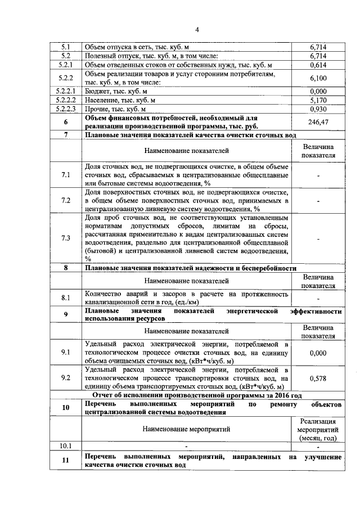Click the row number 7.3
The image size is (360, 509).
point(66,238)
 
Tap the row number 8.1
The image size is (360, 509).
point(66,297)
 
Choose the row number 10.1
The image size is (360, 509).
point(66,446)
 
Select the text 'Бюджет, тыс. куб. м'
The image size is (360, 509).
point(116,91)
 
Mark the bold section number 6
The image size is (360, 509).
point(66,122)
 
